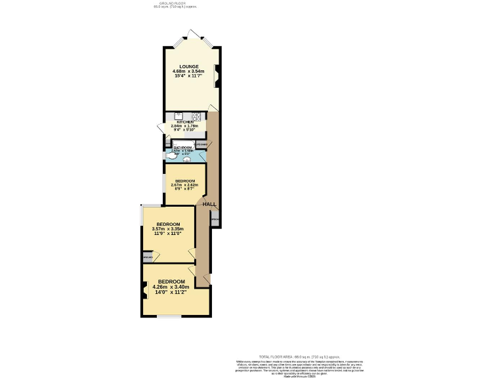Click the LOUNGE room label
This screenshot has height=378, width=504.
189,66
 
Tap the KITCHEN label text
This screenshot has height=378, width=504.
184,122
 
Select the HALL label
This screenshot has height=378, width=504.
209,205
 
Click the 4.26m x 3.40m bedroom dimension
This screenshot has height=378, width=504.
171,287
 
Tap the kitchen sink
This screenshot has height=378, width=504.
178,116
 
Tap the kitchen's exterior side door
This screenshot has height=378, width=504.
160,127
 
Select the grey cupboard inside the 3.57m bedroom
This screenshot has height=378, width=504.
147,257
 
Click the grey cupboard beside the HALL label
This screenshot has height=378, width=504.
215,220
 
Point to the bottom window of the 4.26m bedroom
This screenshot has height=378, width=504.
169,316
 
